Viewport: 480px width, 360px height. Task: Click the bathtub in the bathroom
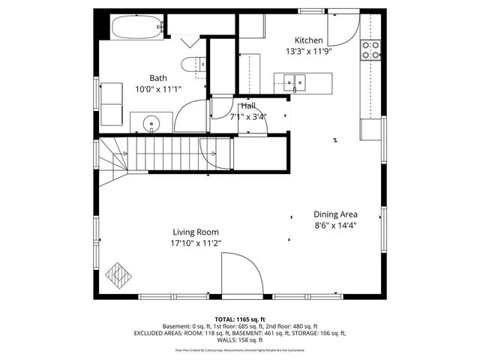point(137,29)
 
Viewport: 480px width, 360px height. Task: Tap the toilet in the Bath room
point(193,65)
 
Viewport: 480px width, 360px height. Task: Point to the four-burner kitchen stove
point(370,50)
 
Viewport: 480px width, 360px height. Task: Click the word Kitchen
point(308,40)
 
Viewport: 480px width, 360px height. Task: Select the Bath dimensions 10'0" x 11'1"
point(157,89)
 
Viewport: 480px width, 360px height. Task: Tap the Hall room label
point(248,106)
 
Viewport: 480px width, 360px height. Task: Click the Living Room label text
point(195,232)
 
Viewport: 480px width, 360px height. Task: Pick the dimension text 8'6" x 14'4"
point(335,224)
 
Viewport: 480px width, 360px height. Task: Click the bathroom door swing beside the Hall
point(196,112)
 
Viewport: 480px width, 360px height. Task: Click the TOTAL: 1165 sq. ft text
point(239,319)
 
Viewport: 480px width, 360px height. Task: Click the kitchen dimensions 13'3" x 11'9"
point(308,52)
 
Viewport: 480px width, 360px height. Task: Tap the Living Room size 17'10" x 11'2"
point(195,243)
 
